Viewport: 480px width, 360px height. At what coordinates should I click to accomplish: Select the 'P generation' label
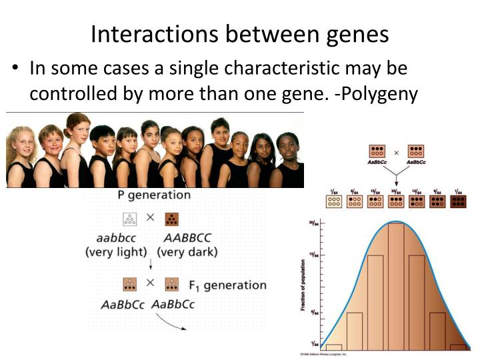154,195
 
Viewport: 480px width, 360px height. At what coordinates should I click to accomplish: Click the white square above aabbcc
130,218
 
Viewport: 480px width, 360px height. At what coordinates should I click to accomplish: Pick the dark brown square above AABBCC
171,218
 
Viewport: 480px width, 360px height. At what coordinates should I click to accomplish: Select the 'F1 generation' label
227,285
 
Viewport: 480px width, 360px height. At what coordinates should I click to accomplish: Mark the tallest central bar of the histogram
396,287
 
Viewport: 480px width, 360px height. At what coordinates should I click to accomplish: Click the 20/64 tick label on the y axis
311,223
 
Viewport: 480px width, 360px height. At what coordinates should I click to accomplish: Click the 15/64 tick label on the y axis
311,255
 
